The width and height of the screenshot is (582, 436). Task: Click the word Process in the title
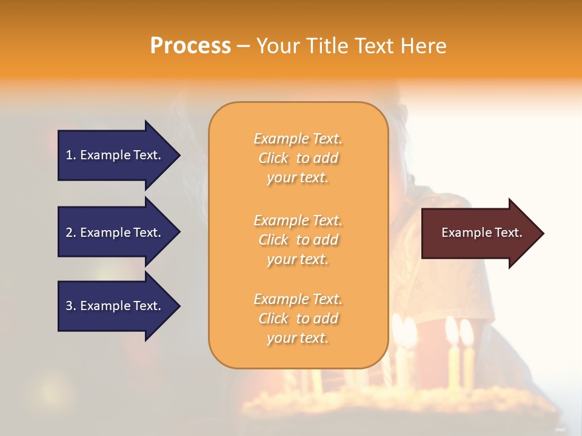(x=190, y=46)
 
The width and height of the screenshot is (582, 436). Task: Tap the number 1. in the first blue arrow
(x=70, y=155)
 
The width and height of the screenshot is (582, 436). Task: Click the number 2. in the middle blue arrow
(x=70, y=233)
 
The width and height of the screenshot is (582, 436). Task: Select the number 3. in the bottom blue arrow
(x=70, y=306)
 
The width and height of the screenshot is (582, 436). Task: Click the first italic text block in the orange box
(x=298, y=158)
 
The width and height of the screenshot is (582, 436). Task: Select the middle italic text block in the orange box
(x=298, y=240)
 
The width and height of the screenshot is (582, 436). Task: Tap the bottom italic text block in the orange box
(x=298, y=319)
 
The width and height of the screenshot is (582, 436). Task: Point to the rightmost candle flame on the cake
(x=466, y=332)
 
